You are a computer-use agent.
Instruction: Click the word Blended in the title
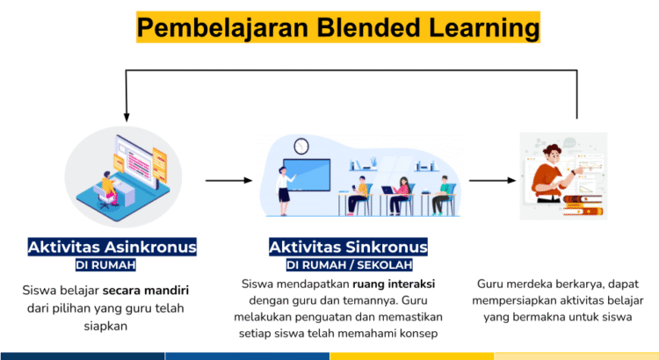(x=368, y=27)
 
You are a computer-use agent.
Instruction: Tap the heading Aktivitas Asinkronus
(x=112, y=247)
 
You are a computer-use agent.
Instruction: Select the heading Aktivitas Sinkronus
(x=348, y=247)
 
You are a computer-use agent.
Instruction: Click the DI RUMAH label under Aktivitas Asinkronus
(x=105, y=265)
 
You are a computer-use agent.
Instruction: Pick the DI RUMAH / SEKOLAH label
(x=349, y=265)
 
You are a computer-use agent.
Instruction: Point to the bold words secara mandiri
(x=146, y=291)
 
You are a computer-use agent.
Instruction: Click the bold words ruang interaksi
(x=394, y=284)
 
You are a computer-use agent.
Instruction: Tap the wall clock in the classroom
(x=301, y=146)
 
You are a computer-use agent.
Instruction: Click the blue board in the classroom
(x=307, y=175)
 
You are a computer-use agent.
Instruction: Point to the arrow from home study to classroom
(x=228, y=181)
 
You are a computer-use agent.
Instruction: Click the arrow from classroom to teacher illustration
(x=492, y=181)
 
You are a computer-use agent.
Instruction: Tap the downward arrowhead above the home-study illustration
(x=127, y=117)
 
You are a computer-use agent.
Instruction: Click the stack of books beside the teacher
(x=583, y=205)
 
